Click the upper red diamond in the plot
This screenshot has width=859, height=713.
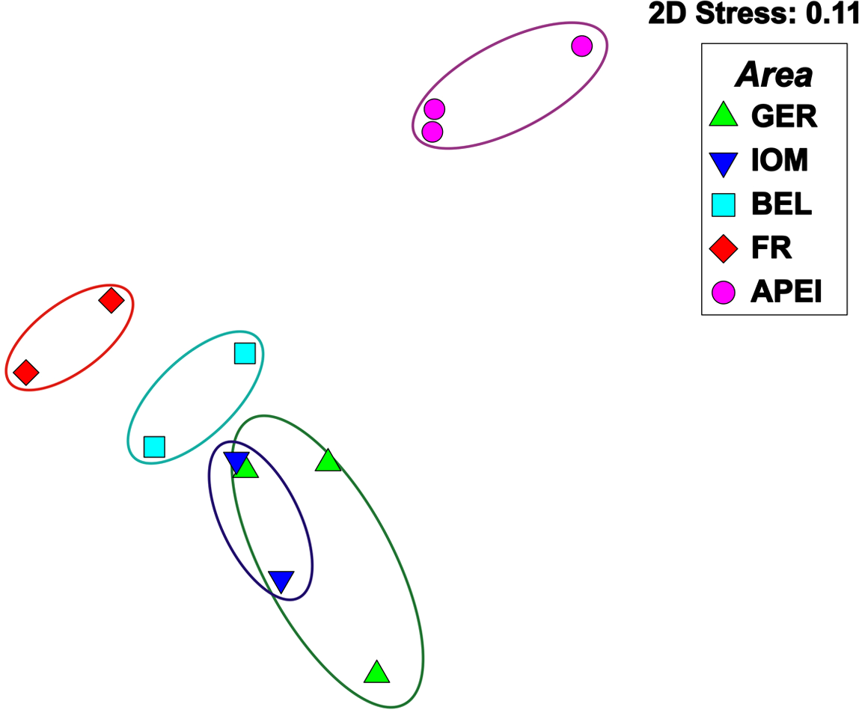click(x=111, y=302)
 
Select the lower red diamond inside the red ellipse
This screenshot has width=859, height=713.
click(x=26, y=372)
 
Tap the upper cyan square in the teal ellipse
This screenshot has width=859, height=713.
click(x=245, y=353)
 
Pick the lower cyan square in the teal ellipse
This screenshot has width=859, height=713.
click(x=154, y=447)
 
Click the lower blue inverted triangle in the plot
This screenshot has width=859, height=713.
click(x=281, y=581)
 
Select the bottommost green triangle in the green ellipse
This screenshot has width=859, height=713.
click(x=377, y=673)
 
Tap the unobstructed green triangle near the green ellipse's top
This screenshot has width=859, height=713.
click(x=328, y=462)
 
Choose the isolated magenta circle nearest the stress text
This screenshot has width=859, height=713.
click(x=582, y=46)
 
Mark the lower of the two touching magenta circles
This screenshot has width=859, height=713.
click(x=432, y=132)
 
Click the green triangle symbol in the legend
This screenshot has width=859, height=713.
click(x=723, y=114)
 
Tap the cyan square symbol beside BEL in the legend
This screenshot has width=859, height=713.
click(x=723, y=204)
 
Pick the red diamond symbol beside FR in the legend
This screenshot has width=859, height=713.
click(x=723, y=248)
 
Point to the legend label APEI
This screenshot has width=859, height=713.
click(x=786, y=293)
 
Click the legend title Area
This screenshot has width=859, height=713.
click(x=774, y=75)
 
